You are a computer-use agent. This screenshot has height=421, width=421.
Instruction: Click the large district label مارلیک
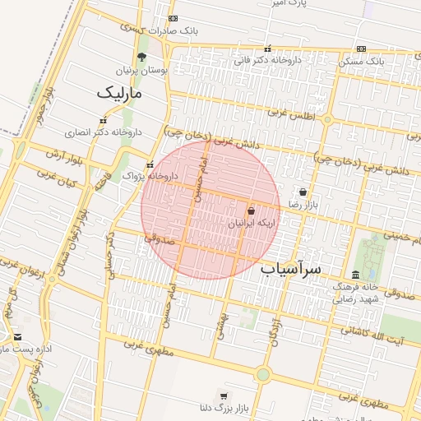[x=120, y=93]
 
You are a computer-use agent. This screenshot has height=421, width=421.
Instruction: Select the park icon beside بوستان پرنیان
[x=141, y=57]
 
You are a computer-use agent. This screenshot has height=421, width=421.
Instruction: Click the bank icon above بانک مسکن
[x=362, y=49]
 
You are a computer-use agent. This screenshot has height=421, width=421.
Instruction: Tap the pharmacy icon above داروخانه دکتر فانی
[x=267, y=48]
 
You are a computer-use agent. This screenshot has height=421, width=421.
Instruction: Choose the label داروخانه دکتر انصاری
[x=104, y=132]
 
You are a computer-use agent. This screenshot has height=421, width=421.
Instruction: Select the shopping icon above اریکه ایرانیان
[x=251, y=211]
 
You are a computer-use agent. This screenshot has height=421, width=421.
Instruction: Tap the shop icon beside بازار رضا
[x=303, y=192]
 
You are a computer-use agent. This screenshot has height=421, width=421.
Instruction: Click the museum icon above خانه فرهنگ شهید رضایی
[x=355, y=274]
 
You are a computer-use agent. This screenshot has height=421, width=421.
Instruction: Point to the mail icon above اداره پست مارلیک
[x=17, y=337]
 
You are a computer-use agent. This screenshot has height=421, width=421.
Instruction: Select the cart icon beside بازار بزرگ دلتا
[x=223, y=396]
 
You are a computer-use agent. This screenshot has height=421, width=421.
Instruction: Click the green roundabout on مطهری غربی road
[x=262, y=375]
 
